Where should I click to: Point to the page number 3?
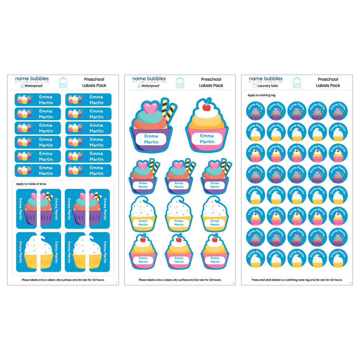(350, 283)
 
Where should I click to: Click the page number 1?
(117, 283)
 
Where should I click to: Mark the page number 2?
(234, 283)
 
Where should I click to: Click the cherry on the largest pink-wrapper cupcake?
(207, 107)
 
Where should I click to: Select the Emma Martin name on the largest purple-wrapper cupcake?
(151, 139)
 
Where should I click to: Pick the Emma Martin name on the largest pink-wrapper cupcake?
(207, 139)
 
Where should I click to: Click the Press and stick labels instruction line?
(297, 280)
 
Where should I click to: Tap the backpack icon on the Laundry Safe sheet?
(297, 82)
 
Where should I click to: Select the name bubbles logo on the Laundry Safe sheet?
(266, 79)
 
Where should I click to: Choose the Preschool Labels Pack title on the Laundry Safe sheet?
(328, 82)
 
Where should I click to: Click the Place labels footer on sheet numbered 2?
(180, 280)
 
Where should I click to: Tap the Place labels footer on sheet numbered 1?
(63, 280)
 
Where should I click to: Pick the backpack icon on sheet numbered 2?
(180, 82)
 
